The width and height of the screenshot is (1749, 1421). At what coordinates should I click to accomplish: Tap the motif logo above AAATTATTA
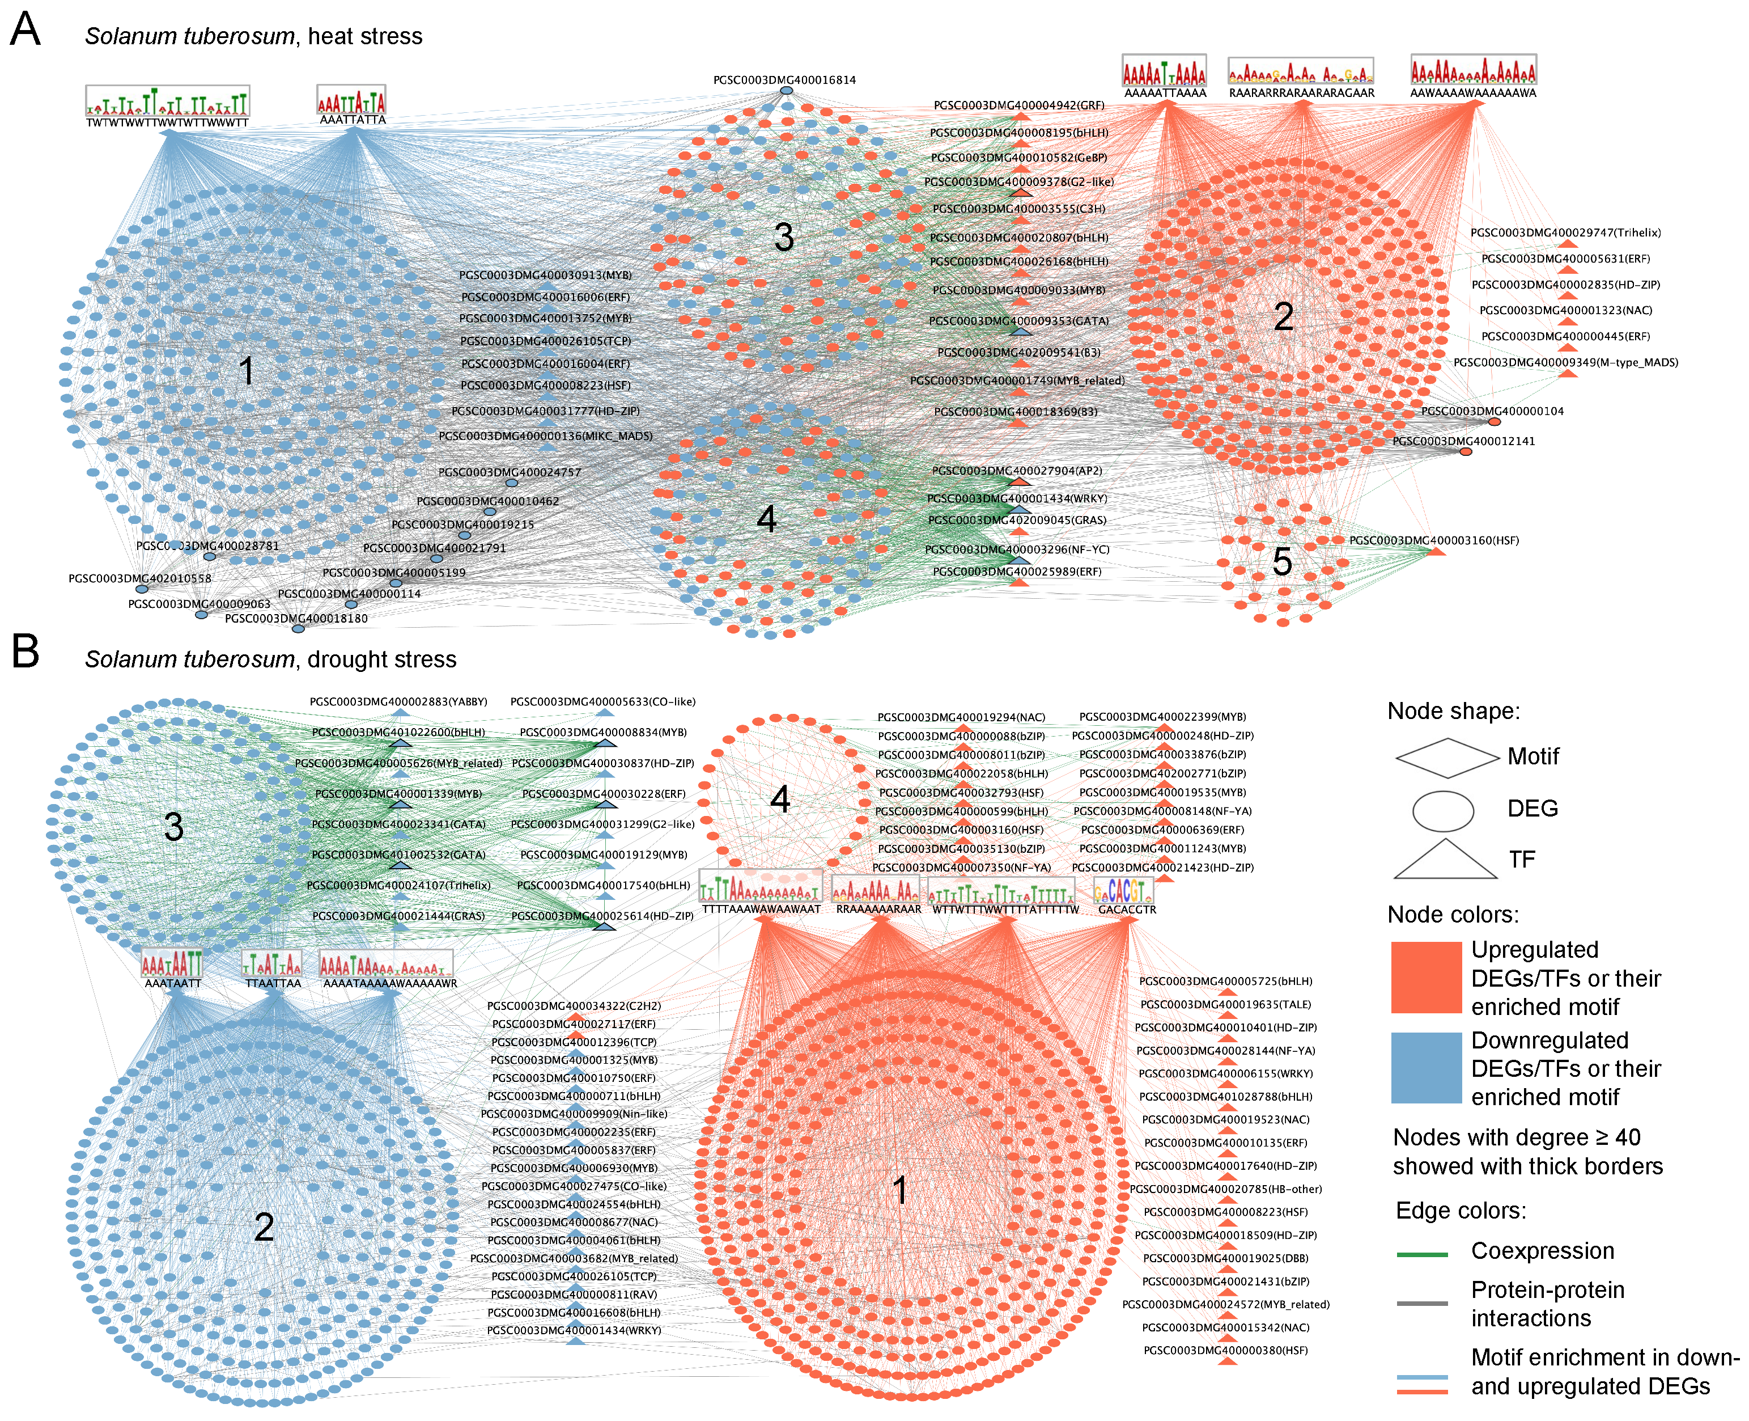point(351,100)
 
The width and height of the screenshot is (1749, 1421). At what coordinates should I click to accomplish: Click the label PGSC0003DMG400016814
point(784,80)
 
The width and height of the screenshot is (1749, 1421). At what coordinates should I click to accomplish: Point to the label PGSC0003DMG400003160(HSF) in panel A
point(1433,540)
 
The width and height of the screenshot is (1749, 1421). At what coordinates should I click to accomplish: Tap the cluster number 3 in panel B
point(173,827)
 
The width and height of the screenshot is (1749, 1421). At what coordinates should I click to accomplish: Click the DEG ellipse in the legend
point(1443,810)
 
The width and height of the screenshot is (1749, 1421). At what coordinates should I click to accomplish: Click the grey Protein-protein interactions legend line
point(1423,1303)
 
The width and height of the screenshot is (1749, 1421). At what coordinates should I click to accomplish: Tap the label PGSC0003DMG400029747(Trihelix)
point(1565,233)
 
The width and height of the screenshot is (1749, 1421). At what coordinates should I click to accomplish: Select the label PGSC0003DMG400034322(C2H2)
point(574,1006)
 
